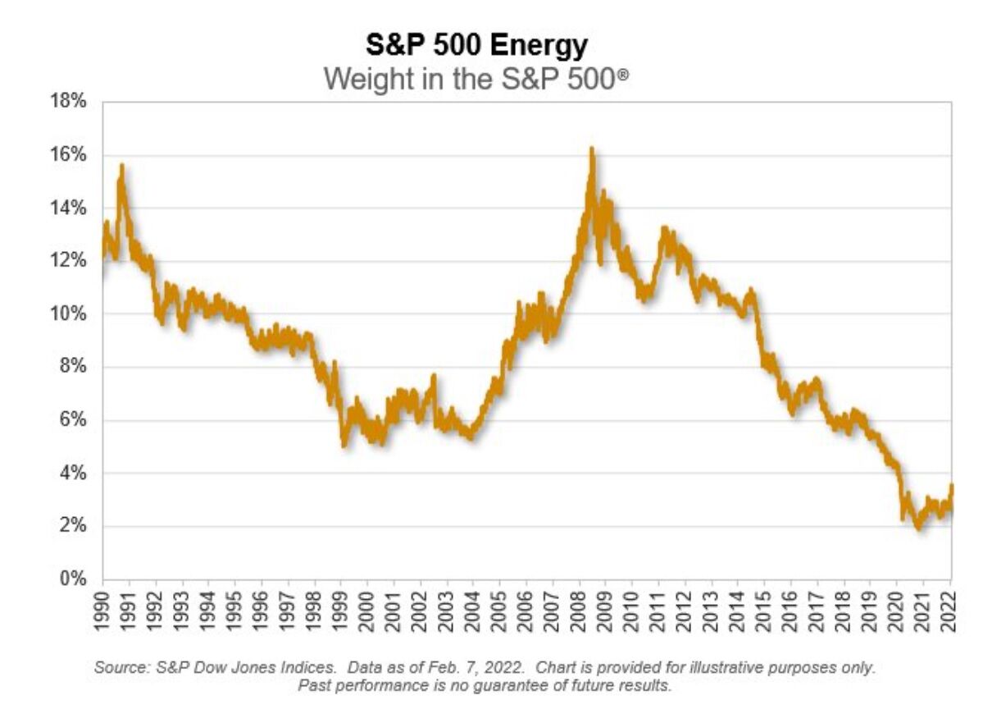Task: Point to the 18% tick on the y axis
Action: [69, 103]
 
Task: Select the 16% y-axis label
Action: [69, 155]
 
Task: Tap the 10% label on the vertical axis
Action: [69, 314]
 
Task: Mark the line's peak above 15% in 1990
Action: [122, 165]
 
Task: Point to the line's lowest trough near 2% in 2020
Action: [919, 529]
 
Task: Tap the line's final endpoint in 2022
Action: [952, 486]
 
